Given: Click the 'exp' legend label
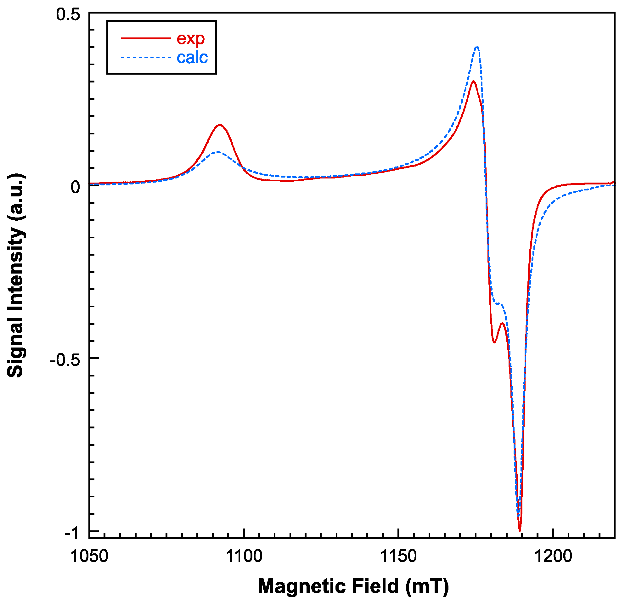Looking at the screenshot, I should (190, 39).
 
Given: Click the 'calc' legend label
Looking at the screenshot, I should (192, 58).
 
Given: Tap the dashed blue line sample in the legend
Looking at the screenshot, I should (146, 58).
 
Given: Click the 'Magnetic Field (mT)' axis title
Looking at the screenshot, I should (353, 586).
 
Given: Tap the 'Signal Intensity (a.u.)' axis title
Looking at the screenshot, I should (15, 275).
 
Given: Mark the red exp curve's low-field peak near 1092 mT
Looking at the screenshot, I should (220, 125).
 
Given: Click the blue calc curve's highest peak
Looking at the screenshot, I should (477, 47).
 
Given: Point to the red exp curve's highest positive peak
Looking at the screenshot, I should (474, 81).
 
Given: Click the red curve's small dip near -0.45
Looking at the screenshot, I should (494, 342).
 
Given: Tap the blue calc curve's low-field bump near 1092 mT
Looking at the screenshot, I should (218, 152).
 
